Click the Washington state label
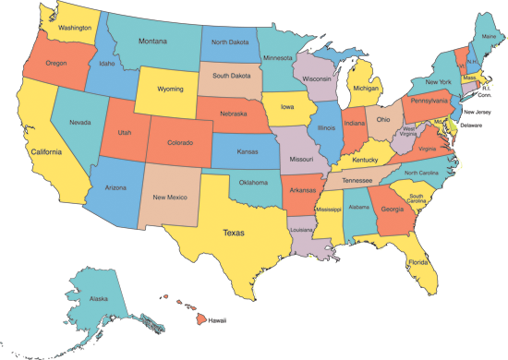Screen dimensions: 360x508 (75, 28)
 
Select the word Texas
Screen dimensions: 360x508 (234, 233)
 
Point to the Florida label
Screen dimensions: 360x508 (418, 262)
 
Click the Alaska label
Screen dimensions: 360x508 (98, 298)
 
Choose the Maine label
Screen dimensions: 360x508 (489, 36)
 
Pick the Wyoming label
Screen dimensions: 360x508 (163, 91)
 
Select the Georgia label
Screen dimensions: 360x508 (391, 209)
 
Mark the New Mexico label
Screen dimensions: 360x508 (171, 197)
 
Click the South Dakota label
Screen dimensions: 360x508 (233, 76)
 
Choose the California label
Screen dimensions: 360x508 (45, 152)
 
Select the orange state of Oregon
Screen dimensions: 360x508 (55, 64)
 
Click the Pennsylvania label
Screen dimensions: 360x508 (429, 100)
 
